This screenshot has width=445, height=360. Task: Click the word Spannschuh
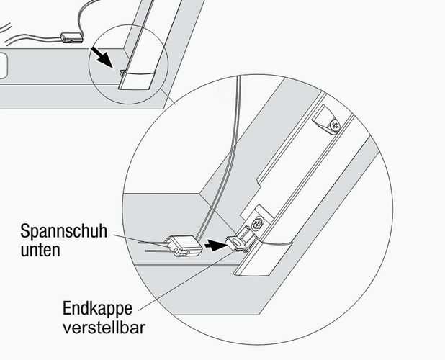64,231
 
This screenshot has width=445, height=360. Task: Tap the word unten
40,251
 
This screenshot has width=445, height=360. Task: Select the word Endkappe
97,308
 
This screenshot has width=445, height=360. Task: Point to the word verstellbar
104,328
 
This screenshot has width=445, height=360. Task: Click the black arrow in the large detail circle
216,245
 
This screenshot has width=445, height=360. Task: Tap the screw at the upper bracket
335,125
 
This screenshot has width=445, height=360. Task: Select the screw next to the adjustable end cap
258,222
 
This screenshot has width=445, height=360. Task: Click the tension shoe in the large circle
184,246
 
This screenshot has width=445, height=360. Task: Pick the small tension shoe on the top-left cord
71,38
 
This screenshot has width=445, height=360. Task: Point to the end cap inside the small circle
123,74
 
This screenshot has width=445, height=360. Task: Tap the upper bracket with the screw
327,120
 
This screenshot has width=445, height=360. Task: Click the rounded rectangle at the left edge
3,66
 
